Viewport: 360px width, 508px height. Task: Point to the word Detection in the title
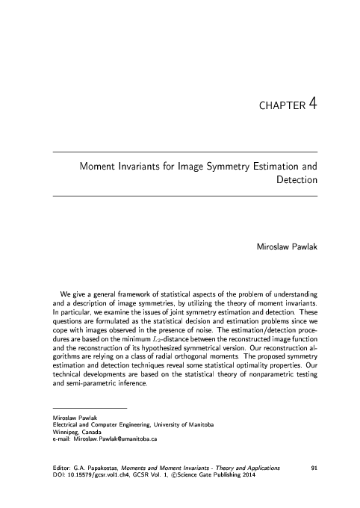coord(297,180)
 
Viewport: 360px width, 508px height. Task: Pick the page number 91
coord(314,467)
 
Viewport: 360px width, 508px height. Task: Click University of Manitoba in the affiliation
coord(180,424)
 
